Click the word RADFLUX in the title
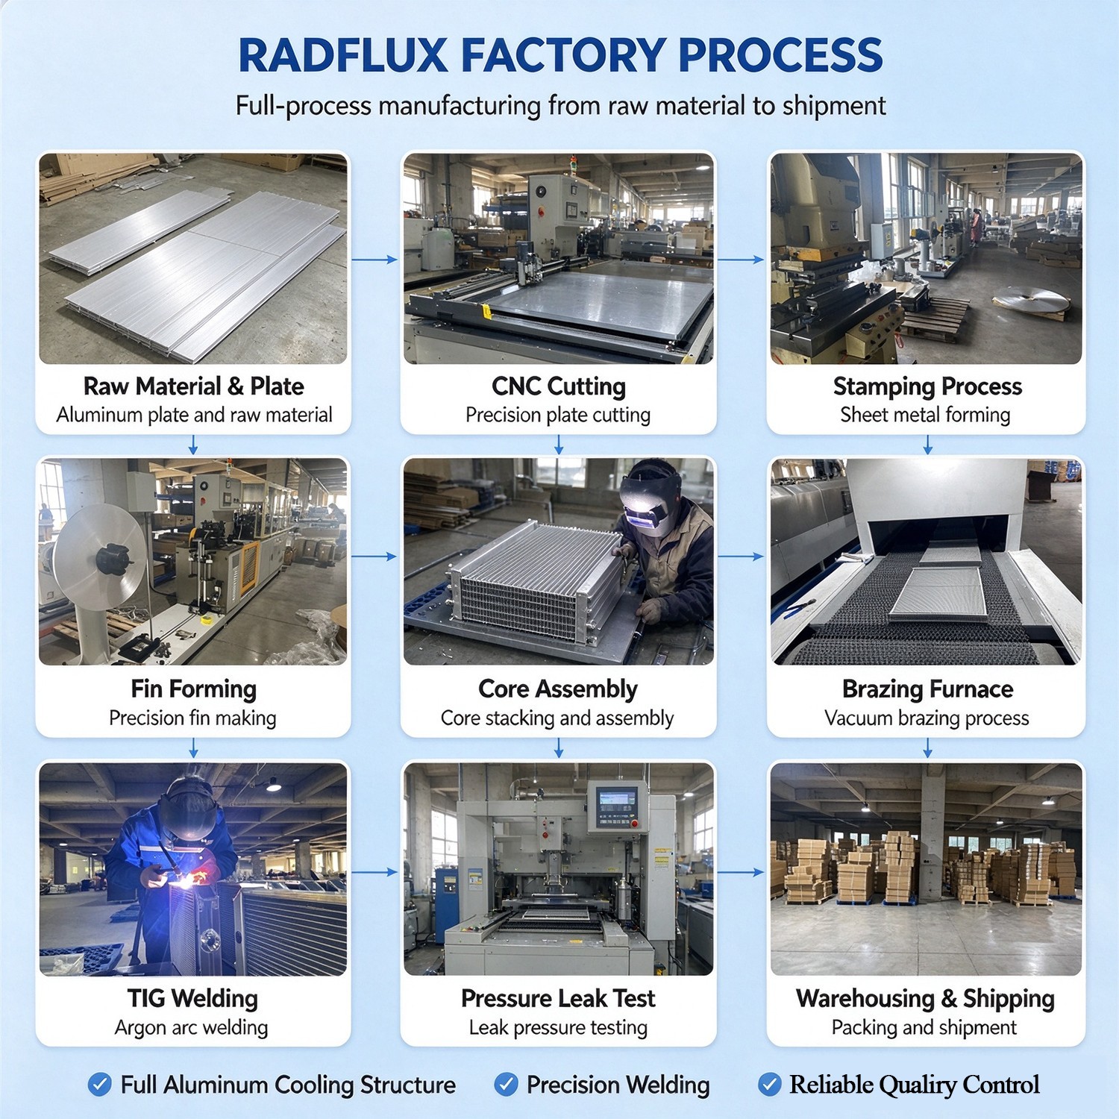(343, 55)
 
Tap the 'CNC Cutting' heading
(559, 386)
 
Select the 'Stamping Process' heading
(927, 386)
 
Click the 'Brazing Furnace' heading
(927, 689)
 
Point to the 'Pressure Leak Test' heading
(558, 998)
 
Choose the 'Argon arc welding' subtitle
(191, 1027)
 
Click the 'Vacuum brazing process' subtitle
(927, 718)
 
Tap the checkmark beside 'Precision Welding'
(507, 1084)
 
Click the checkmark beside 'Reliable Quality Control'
(770, 1084)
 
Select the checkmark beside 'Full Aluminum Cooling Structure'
(100, 1084)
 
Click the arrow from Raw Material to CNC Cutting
(374, 260)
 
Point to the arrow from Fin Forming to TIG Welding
(193, 748)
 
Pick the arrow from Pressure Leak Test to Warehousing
(741, 871)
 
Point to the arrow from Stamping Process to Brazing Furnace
(927, 445)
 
